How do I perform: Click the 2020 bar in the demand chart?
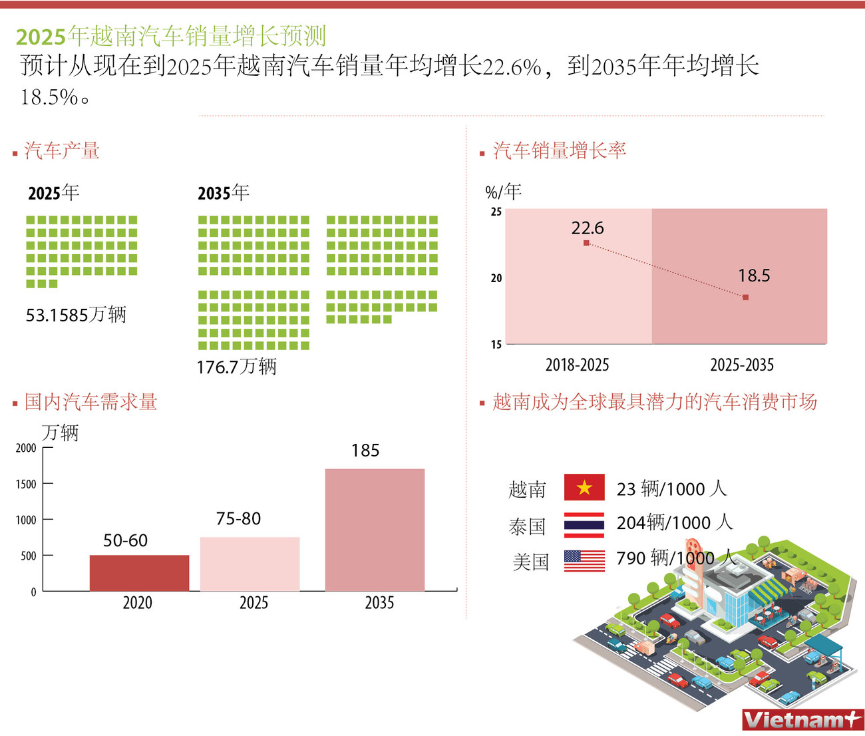139,573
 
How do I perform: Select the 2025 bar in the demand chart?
250,564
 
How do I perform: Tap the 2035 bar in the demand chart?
375,530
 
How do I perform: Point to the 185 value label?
365,451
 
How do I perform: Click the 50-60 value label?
125,540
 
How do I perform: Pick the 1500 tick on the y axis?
26,484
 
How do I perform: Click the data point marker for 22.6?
586,243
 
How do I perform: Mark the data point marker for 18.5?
745,297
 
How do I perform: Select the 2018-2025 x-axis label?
577,365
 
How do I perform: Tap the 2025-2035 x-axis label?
742,365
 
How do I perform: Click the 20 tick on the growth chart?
496,278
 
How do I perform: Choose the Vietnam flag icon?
584,488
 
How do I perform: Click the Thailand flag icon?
584,524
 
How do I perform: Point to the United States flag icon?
584,560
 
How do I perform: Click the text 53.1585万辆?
76,315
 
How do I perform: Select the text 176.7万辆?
236,367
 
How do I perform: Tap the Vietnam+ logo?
802,719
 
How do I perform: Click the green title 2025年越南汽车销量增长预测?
171,36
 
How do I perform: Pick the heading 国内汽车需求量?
90,402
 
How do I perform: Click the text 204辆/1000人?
674,523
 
